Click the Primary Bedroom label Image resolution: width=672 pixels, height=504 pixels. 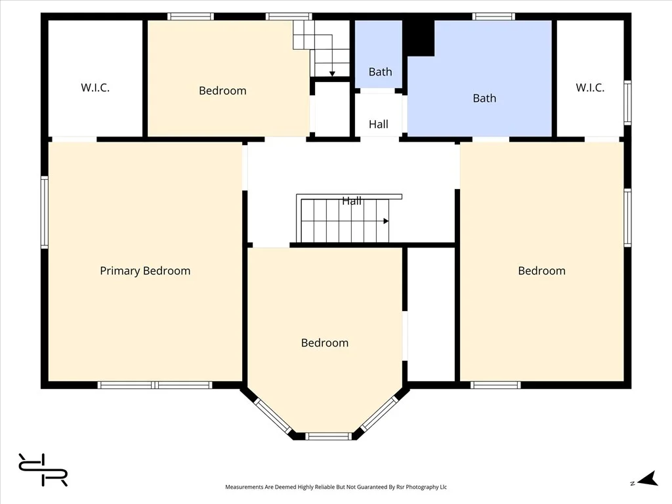[145, 271]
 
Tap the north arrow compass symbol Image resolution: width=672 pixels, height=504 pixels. [648, 478]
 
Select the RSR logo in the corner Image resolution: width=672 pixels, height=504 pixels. [43, 470]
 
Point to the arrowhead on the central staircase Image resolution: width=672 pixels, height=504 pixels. [386, 221]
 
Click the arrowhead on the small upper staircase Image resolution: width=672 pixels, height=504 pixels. [332, 74]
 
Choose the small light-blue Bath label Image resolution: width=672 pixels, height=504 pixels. [380, 72]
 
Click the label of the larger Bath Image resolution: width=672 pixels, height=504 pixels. [484, 98]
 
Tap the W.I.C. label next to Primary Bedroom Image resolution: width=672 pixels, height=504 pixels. [95, 88]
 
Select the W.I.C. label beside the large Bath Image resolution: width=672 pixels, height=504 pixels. [590, 88]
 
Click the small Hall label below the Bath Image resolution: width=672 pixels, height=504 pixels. [379, 124]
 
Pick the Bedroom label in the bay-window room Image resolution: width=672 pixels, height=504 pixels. [325, 343]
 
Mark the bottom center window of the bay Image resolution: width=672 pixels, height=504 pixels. [328, 436]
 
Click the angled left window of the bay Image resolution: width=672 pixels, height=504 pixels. [273, 415]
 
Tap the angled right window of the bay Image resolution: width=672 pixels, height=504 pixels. [380, 413]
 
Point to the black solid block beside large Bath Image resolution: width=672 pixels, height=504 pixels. [419, 37]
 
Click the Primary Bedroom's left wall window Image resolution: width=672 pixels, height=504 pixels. [45, 212]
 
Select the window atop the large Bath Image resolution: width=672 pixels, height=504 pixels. [493, 16]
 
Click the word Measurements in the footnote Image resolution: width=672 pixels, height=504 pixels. [244, 487]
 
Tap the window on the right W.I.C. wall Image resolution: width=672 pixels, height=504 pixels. [627, 102]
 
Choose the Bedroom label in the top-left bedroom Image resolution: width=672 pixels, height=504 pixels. [222, 91]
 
